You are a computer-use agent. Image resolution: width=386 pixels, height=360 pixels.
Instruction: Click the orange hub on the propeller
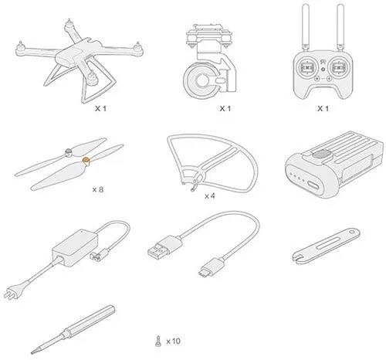point(86,161)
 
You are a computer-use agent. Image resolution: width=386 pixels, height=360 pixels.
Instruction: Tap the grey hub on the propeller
point(69,151)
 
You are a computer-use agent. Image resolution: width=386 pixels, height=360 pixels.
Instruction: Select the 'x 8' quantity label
point(98,190)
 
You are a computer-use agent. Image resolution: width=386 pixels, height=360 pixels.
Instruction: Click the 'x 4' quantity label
point(209,196)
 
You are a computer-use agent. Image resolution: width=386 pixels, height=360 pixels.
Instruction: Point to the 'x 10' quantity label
point(173,341)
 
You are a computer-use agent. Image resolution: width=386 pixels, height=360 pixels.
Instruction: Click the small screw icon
point(158,341)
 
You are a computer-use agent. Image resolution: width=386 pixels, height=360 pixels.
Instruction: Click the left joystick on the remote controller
point(307,67)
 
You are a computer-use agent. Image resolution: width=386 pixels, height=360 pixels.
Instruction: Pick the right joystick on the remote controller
point(338,67)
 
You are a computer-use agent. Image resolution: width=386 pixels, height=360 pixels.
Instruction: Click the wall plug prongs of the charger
point(10,294)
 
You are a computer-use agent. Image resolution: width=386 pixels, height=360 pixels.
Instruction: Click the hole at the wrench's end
point(352,232)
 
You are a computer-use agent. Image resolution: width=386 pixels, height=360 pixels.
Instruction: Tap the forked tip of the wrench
point(299,258)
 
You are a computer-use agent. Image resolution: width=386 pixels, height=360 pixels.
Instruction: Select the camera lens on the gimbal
point(201,80)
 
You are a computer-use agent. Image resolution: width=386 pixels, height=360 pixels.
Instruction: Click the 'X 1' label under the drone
point(100,109)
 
